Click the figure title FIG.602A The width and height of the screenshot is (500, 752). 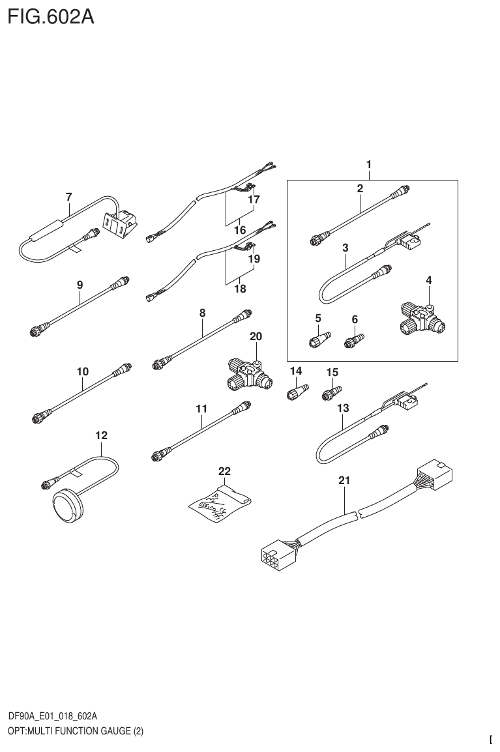50,16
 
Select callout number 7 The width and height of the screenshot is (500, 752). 68,196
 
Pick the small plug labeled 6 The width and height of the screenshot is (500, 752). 355,340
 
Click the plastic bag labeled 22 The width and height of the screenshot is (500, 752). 218,502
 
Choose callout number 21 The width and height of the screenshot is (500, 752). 344,481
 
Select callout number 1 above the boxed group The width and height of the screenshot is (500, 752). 368,165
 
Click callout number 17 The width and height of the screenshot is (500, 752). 254,200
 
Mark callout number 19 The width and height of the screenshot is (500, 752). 254,259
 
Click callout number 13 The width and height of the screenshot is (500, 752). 343,408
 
